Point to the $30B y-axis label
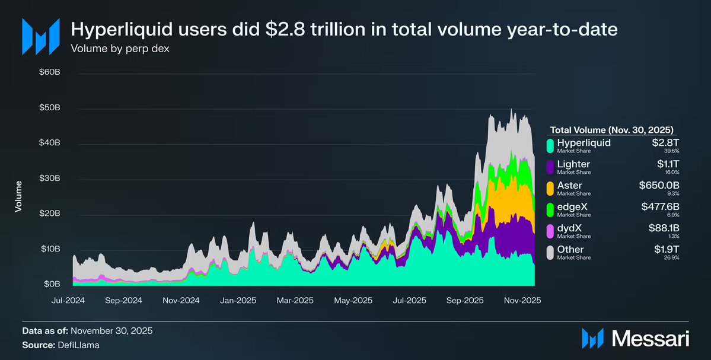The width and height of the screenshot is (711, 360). click(x=49, y=179)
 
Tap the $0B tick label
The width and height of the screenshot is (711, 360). click(x=52, y=284)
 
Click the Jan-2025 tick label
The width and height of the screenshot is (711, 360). click(x=238, y=300)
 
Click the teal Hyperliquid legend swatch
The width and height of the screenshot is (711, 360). click(x=550, y=145)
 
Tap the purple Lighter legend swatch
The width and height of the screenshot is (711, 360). click(x=550, y=167)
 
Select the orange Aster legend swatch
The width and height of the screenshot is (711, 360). click(x=550, y=188)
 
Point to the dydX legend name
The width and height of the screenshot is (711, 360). click(x=569, y=228)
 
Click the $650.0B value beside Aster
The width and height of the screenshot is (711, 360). click(x=656, y=186)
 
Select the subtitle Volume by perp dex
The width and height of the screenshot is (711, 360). click(x=120, y=49)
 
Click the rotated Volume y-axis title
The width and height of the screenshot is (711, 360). click(x=18, y=196)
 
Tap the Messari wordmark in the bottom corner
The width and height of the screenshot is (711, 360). click(x=650, y=339)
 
